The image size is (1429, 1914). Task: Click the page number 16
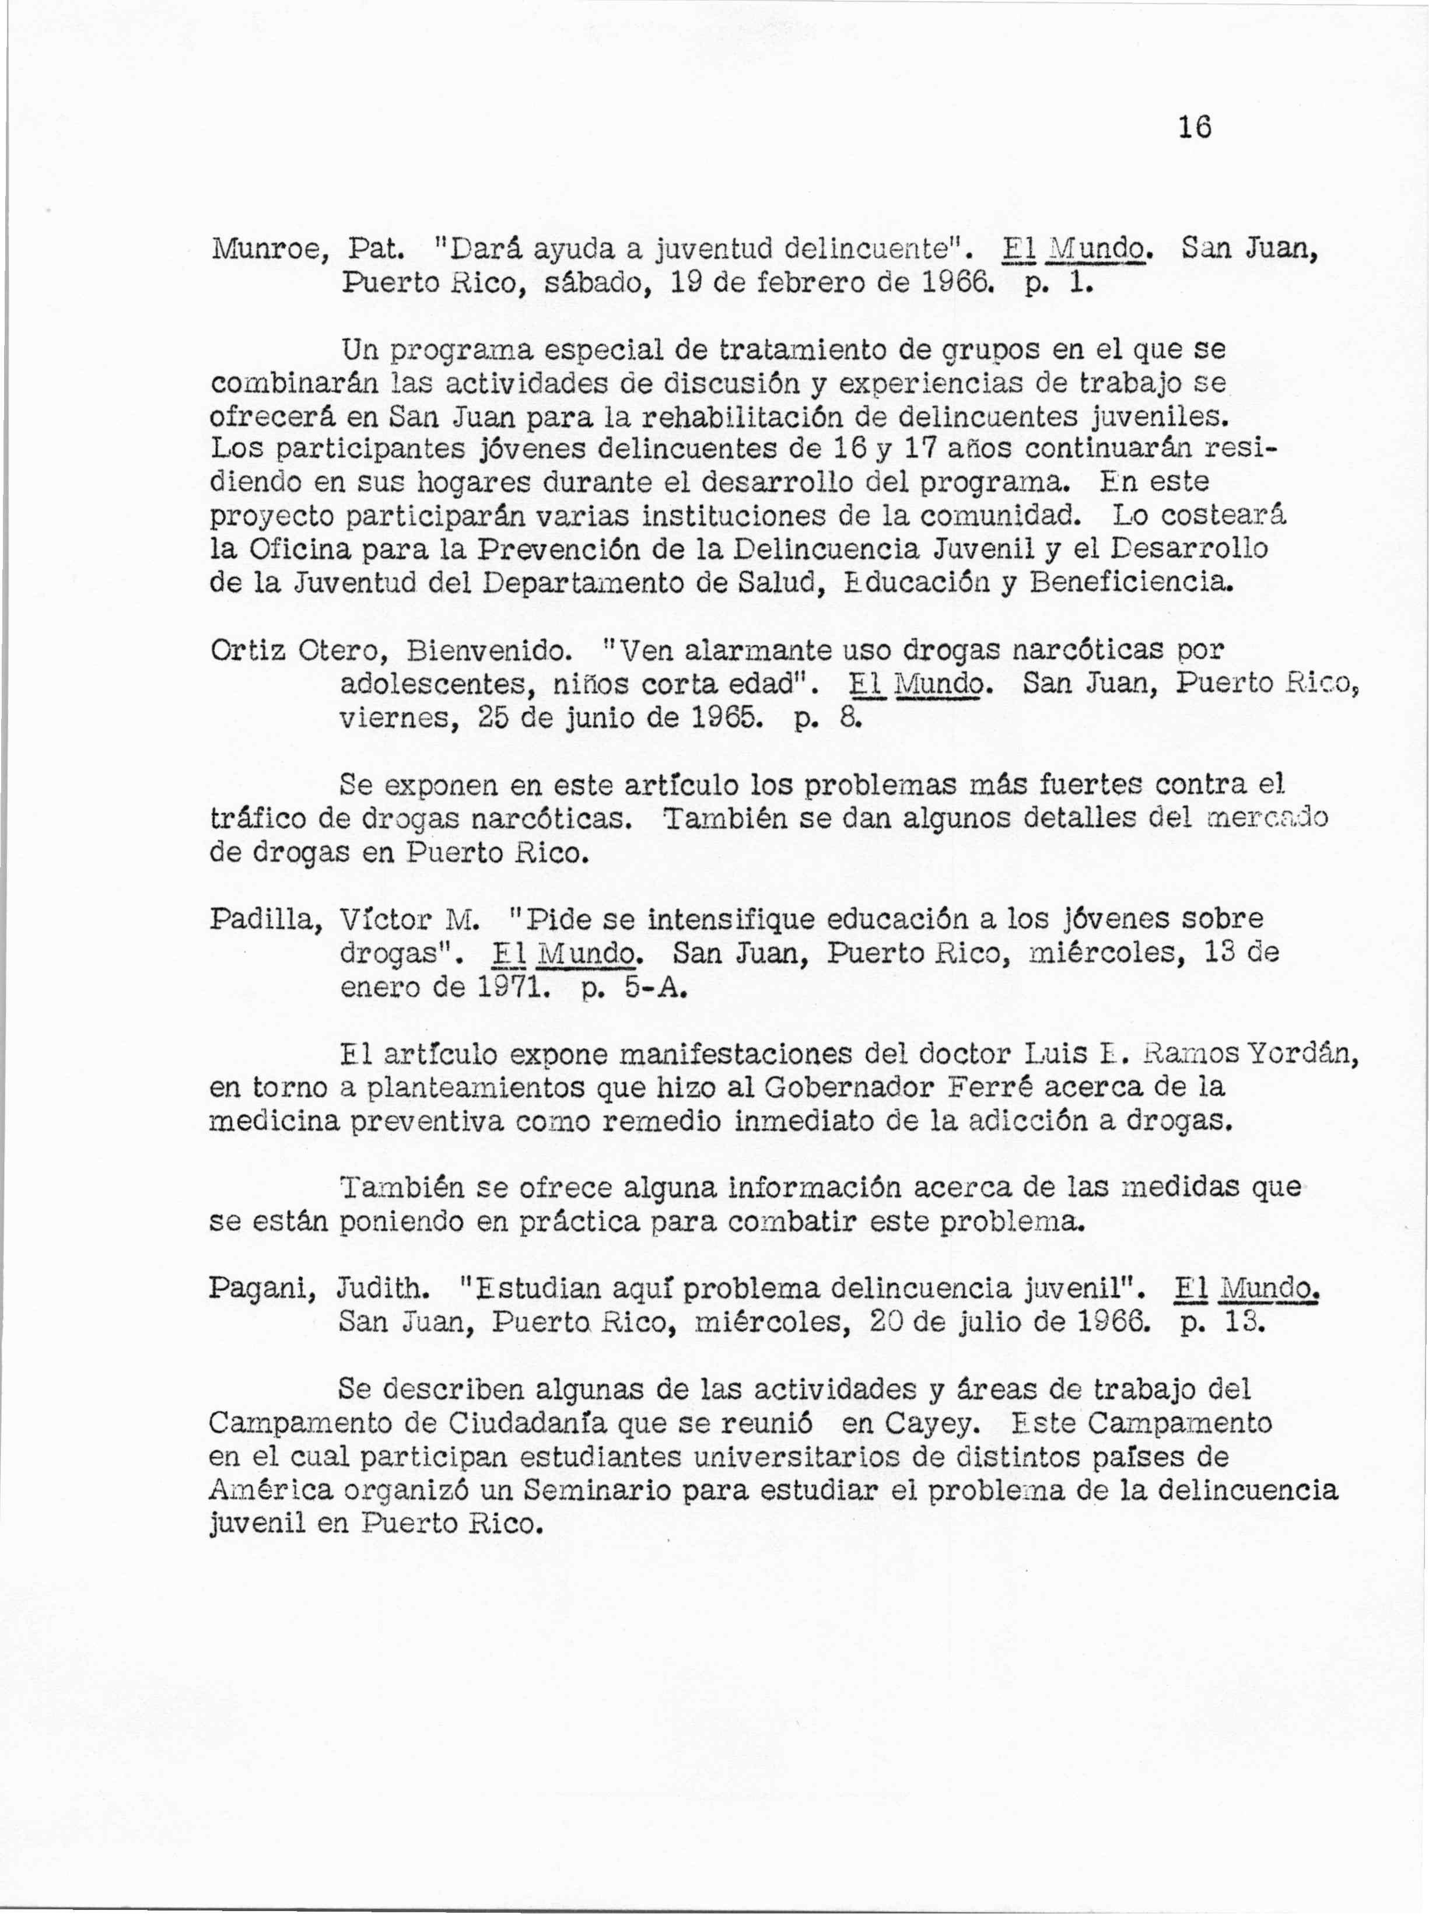tap(1195, 128)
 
